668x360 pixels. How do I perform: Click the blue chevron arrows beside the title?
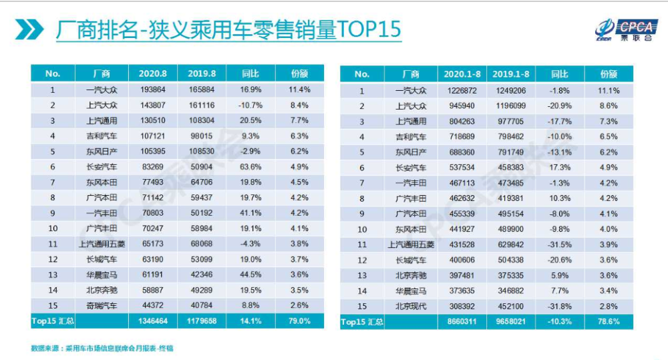[x=30, y=29]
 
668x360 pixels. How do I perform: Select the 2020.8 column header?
[x=152, y=73]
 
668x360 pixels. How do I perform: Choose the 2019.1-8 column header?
[x=510, y=74]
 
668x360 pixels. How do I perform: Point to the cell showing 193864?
[x=152, y=89]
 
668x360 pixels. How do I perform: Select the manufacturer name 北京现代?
[x=411, y=306]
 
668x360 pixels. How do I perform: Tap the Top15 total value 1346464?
[x=152, y=321]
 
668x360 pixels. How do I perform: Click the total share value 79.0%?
[x=300, y=321]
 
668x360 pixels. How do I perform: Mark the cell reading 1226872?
[x=462, y=91]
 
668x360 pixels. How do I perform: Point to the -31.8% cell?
[x=560, y=306]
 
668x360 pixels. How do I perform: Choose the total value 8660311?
[x=462, y=322]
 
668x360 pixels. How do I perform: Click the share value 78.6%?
[x=609, y=322]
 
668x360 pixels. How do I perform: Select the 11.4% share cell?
[x=300, y=89]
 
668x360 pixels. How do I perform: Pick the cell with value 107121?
[x=152, y=136]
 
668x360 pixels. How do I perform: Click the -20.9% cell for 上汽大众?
[x=560, y=106]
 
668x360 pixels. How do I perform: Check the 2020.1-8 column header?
[x=462, y=74]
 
